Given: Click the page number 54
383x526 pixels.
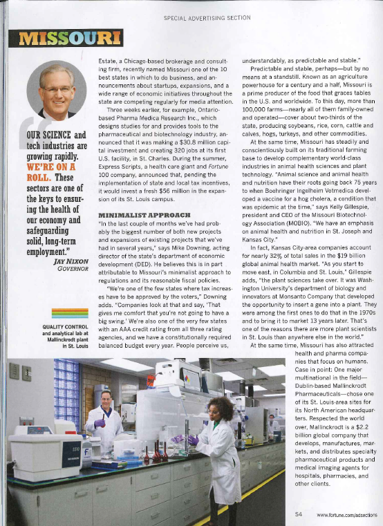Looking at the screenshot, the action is (x=298, y=514).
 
